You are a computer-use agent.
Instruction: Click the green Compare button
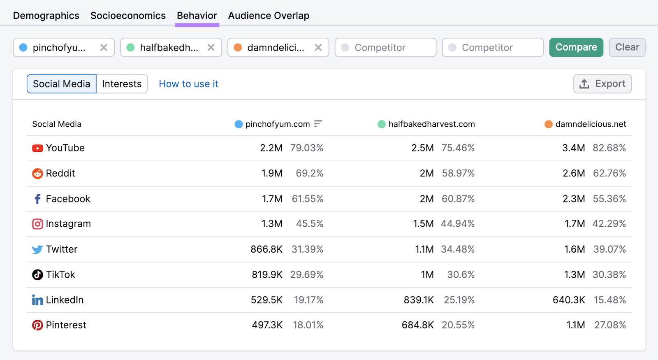pos(576,47)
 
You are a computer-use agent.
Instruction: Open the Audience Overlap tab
pos(269,16)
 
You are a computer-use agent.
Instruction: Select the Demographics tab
pos(46,16)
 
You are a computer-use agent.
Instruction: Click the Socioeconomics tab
pos(128,16)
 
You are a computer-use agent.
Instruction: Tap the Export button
pos(602,84)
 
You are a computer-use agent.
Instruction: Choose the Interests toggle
pos(122,84)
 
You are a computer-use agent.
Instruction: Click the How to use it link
pos(188,84)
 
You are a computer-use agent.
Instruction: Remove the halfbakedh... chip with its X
pos(211,48)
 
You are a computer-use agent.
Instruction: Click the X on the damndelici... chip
pos(318,48)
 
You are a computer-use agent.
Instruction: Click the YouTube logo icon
pos(37,148)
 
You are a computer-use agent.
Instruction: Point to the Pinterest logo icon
pos(37,325)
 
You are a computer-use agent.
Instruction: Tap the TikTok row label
pos(60,275)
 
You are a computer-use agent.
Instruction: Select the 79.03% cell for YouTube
pos(307,148)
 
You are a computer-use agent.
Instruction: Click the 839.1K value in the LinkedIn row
pos(419,300)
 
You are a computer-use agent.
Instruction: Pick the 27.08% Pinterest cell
pos(610,325)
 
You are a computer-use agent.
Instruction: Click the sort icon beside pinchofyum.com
pos(318,124)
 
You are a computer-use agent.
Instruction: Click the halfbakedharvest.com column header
pos(431,124)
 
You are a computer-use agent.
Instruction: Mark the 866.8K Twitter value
pos(266,249)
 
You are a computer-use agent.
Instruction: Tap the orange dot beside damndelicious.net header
pos(548,124)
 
